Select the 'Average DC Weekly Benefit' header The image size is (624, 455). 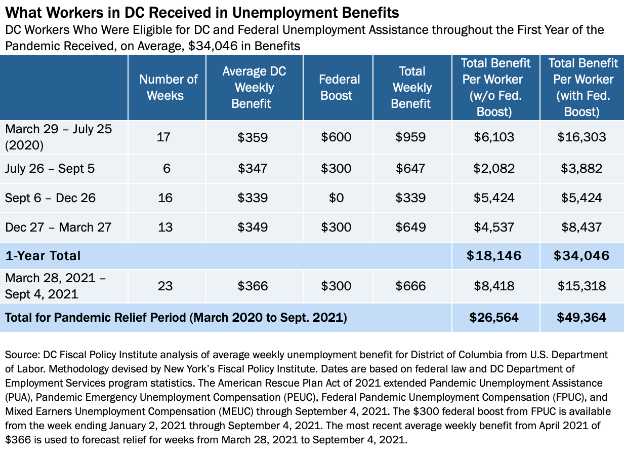click(x=254, y=87)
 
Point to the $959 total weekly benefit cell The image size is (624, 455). click(x=412, y=137)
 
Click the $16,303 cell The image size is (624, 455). click(x=581, y=137)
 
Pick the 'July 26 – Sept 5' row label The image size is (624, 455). click(x=50, y=168)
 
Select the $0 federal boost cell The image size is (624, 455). click(x=336, y=198)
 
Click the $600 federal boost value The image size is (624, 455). click(x=336, y=137)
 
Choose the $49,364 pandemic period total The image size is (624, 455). click(x=581, y=317)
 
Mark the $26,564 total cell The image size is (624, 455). click(x=494, y=317)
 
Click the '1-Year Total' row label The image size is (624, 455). click(x=43, y=255)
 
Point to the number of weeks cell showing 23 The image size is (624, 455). click(x=165, y=286)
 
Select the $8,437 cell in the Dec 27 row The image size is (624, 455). click(x=581, y=226)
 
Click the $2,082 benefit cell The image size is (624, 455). click(x=494, y=168)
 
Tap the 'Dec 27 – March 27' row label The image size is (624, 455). click(x=58, y=226)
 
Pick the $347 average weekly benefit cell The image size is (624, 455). click(x=253, y=168)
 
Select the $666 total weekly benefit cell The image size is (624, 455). click(x=412, y=286)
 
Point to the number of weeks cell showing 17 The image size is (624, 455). click(x=165, y=137)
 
